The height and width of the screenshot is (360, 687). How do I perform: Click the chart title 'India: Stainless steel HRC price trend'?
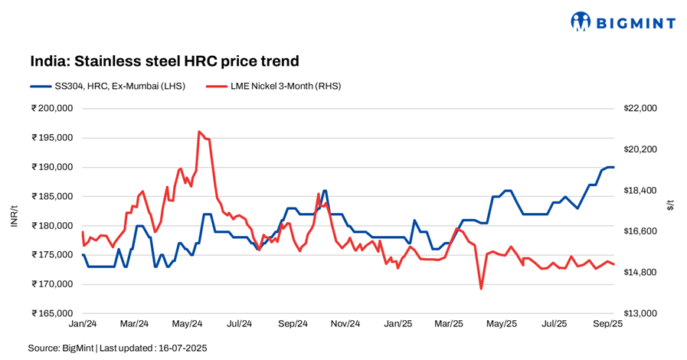164,61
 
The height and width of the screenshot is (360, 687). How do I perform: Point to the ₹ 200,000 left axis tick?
52,109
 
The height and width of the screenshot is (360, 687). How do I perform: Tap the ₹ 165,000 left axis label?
52,313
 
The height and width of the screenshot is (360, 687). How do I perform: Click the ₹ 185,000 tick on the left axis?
52,196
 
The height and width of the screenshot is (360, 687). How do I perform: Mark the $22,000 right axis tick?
641,109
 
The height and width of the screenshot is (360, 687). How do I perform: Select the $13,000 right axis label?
641,313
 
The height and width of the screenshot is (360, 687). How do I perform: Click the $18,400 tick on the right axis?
641,191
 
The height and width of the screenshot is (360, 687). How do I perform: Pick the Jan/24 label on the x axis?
81,324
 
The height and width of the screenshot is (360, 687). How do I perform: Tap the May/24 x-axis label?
186,324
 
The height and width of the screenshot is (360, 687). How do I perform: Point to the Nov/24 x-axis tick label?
345,324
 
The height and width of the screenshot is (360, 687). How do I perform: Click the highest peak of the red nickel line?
199,132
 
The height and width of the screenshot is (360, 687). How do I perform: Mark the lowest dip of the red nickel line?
481,288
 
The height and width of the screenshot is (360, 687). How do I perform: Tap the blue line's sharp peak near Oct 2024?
325,191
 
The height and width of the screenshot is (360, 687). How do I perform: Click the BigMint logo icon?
581,21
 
